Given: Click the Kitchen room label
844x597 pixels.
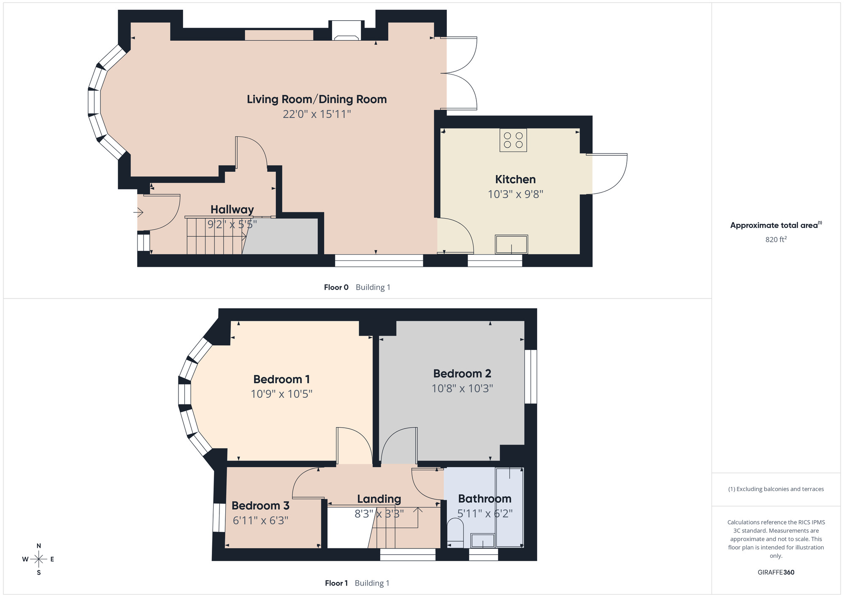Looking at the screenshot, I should click(x=515, y=179).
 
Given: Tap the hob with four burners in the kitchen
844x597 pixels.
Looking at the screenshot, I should click(x=513, y=140).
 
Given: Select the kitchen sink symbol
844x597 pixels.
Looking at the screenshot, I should click(x=511, y=244).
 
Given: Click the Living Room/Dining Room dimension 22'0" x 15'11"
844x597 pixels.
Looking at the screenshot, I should click(x=317, y=114).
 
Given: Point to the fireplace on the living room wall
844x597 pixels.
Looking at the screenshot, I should click(x=346, y=31).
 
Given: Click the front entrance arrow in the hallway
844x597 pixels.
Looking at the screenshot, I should click(x=138, y=212).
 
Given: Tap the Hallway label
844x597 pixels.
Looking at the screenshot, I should click(x=232, y=209).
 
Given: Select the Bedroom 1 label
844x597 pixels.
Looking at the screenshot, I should click(x=281, y=379).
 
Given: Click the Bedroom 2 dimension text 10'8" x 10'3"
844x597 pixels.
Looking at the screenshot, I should click(x=462, y=388).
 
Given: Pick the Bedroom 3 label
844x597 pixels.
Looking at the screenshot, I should click(x=260, y=505).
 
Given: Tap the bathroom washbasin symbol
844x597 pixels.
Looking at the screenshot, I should click(x=482, y=540).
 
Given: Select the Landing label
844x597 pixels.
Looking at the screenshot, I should click(x=379, y=499).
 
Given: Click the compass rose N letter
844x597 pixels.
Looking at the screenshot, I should click(x=39, y=546).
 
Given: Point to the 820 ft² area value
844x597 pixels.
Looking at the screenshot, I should click(x=776, y=239).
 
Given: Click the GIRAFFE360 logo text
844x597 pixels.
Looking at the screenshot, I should click(x=776, y=573).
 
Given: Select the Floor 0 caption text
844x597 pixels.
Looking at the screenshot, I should click(x=336, y=288).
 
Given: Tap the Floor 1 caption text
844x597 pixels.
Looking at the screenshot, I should click(x=336, y=583).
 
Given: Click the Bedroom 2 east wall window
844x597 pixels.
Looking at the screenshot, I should click(x=533, y=377).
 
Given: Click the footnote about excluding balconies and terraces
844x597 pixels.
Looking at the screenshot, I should click(x=776, y=489).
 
